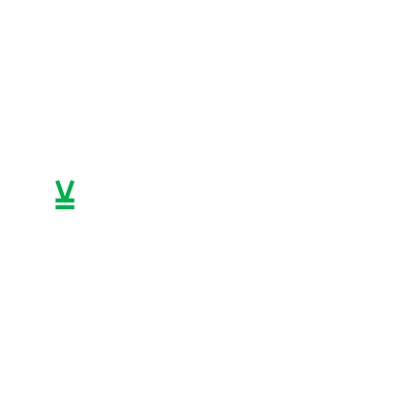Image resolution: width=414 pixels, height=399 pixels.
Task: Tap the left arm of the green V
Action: (60, 187)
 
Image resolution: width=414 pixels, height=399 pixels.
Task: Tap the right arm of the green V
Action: (71, 187)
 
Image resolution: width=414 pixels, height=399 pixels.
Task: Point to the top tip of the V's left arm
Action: (56, 178)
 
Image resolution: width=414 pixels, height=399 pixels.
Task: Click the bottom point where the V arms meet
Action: (66, 197)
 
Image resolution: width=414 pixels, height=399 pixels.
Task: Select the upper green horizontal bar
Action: (66, 200)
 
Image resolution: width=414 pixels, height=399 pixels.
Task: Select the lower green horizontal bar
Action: (66, 207)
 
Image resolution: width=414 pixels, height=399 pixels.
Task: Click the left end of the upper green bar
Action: (54, 200)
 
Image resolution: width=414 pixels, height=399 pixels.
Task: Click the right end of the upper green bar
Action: (77, 200)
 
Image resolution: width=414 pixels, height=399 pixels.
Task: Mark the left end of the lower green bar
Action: (54, 207)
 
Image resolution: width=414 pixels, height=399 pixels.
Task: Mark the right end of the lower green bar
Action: (77, 207)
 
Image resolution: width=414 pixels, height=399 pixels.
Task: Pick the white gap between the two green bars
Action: (66, 203)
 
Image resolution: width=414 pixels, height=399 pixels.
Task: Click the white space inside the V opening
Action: (66, 183)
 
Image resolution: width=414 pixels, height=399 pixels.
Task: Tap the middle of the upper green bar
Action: (66, 200)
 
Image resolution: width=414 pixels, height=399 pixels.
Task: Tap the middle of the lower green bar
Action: (66, 207)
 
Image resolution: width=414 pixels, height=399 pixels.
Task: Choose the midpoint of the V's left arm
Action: (60, 188)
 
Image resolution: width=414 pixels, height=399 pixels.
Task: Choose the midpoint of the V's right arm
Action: (71, 188)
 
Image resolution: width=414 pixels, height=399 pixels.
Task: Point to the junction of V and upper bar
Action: (66, 199)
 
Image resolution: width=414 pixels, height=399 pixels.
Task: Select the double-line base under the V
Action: (66, 204)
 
